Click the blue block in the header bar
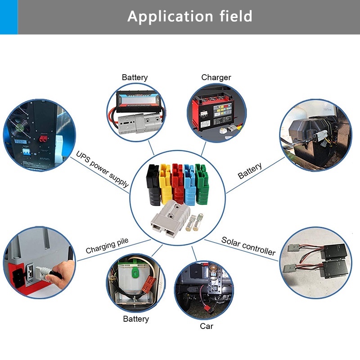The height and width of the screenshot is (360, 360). pos(9,17)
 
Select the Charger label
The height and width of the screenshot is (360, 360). pos(216,77)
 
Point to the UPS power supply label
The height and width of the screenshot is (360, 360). pos(102,170)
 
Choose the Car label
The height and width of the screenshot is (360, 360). pos(207,326)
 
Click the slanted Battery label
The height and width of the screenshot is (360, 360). pos(250,171)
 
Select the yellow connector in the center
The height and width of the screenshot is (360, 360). pos(166,184)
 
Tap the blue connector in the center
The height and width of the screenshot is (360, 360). pos(189,184)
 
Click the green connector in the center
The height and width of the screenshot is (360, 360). pos(201,183)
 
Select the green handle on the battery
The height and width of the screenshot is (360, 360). pos(134,272)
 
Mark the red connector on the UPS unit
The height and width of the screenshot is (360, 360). pos(44,138)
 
